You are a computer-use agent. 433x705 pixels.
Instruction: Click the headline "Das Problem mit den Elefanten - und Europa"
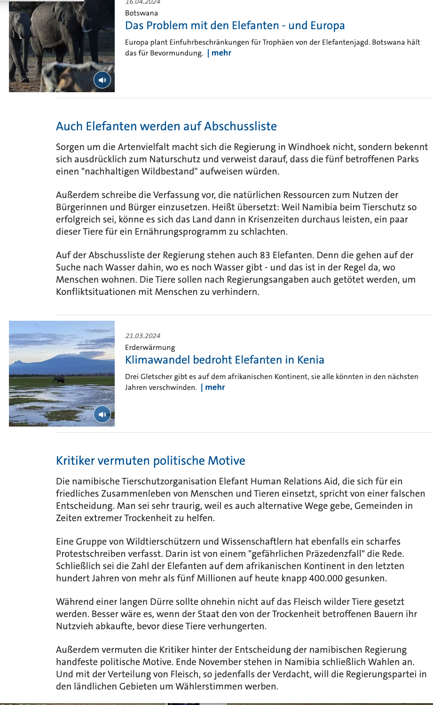click(x=235, y=25)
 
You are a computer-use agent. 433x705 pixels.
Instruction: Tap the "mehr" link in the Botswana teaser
click(x=221, y=53)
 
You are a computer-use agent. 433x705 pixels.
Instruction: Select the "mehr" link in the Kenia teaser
click(x=215, y=387)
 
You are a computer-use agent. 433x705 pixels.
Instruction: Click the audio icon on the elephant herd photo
click(x=102, y=80)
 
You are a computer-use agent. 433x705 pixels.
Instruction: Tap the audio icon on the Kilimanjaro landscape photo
click(x=102, y=414)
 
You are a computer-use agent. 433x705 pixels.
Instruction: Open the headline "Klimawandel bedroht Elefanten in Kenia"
click(x=224, y=360)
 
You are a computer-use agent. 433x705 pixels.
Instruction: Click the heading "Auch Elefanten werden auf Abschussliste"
click(x=166, y=126)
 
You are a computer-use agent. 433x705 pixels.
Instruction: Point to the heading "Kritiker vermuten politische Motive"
click(x=150, y=460)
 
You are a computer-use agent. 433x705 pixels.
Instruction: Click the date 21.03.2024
click(x=142, y=336)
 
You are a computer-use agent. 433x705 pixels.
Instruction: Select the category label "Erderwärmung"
click(x=150, y=348)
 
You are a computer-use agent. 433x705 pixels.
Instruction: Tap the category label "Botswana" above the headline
click(x=141, y=13)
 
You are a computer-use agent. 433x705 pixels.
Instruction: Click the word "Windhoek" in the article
click(x=309, y=147)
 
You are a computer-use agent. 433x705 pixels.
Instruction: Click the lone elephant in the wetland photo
click(x=59, y=379)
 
